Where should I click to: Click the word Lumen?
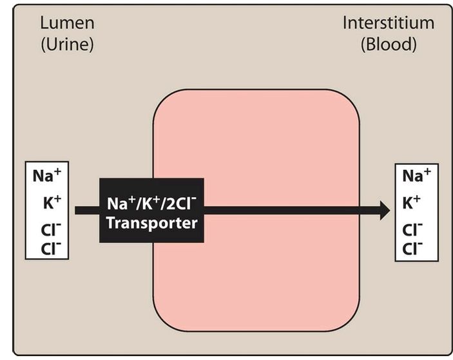(x=67, y=23)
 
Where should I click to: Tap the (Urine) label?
(x=67, y=44)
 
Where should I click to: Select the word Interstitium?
(x=389, y=23)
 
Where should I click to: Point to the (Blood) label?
(x=389, y=44)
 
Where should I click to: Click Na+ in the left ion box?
(x=47, y=175)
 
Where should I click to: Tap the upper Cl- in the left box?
(x=51, y=229)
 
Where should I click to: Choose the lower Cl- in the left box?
(x=51, y=249)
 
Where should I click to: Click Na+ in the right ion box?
(x=416, y=175)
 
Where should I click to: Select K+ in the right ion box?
(x=411, y=202)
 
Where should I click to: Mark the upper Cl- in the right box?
(x=412, y=229)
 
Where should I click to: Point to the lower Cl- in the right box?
(x=412, y=249)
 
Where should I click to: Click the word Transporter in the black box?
(x=152, y=223)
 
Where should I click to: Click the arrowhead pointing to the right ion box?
(x=385, y=211)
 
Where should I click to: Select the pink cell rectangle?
(x=256, y=210)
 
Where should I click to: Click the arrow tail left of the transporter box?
(x=87, y=211)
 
